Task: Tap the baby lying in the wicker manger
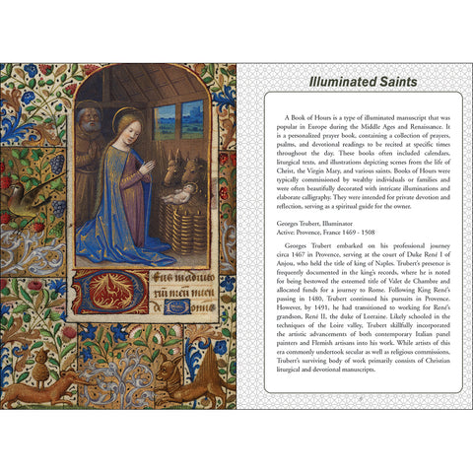click(x=179, y=195)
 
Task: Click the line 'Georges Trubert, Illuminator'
click(x=309, y=224)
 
